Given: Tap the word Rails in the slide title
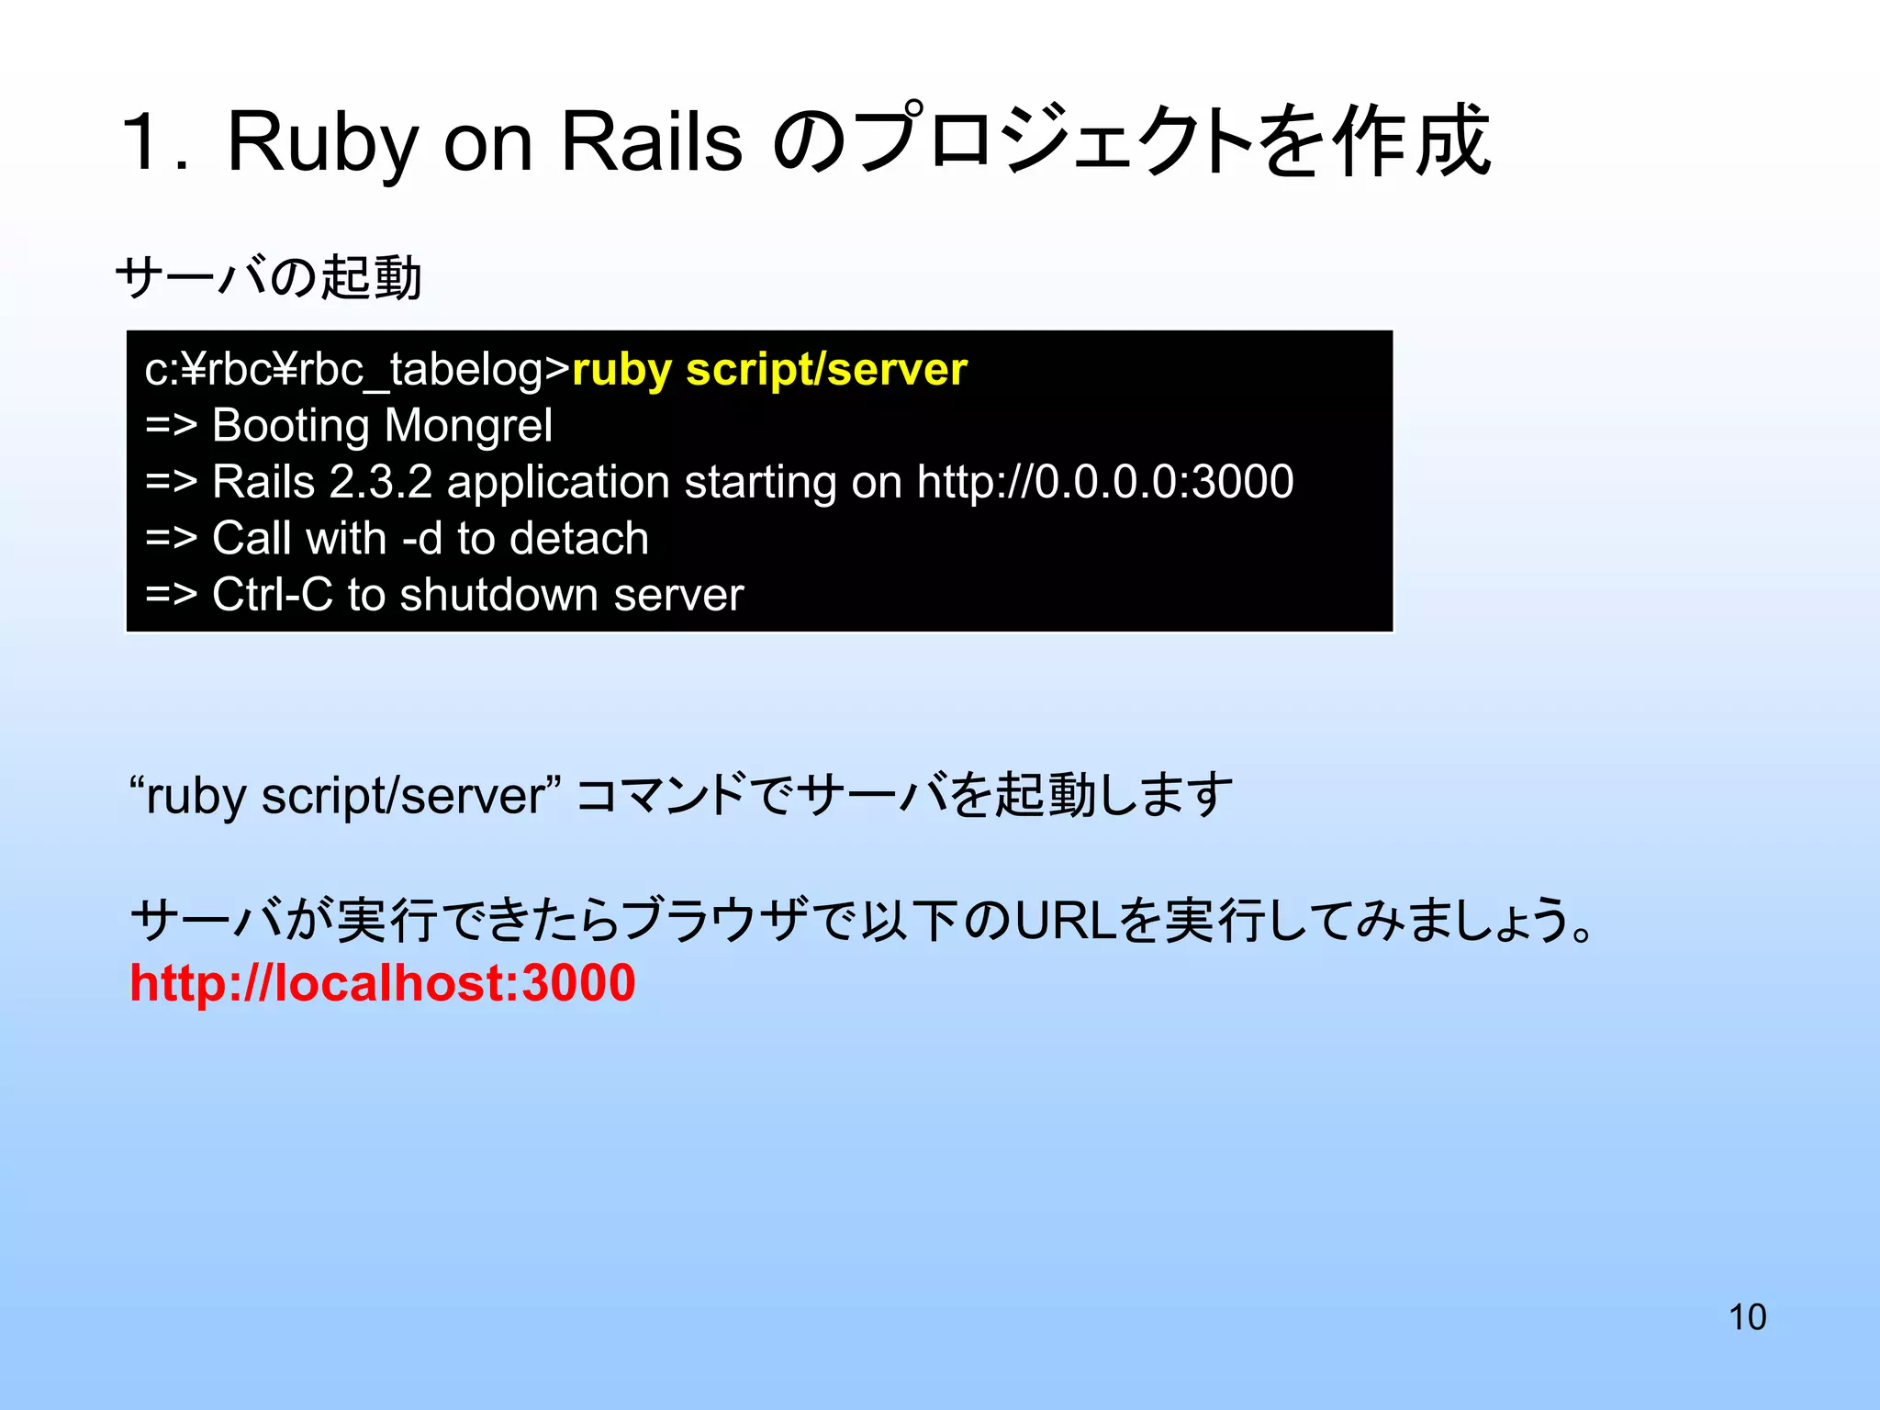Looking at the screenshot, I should (650, 142).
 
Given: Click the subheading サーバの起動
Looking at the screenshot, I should (268, 277).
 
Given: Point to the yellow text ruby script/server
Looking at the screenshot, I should (769, 370).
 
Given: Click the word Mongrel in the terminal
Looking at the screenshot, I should (468, 426).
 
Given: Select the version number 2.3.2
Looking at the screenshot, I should (380, 483).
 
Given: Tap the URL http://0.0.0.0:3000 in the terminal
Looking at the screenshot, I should (1105, 483).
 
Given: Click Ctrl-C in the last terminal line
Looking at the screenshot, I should (272, 595).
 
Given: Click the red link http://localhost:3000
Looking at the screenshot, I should (382, 983).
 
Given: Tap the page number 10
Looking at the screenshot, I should (1747, 1317).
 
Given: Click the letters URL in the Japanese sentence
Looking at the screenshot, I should (1066, 921).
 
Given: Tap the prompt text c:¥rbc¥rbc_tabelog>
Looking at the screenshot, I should (357, 370).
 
